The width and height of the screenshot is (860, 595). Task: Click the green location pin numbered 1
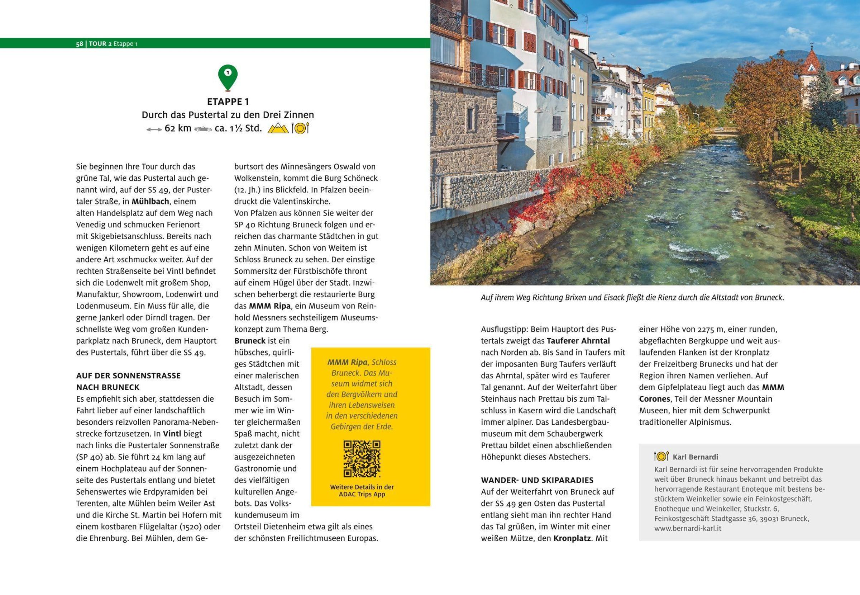coord(228,76)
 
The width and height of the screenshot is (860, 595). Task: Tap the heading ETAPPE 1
coord(228,101)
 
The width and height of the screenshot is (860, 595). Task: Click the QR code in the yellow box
coord(362,459)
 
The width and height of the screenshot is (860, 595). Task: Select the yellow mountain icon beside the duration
coord(278,128)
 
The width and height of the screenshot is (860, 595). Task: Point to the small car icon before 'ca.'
coord(203,129)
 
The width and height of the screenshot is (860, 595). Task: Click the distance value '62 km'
coord(178,128)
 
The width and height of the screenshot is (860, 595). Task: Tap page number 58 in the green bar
coord(79,44)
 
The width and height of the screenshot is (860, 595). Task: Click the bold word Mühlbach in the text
coord(150,201)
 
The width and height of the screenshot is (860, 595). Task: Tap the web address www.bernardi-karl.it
coord(688,528)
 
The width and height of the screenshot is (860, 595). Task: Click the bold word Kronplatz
coord(572,538)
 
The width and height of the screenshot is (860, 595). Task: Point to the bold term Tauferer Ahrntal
coord(578,341)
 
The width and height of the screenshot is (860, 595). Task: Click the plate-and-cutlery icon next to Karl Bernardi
coord(661,456)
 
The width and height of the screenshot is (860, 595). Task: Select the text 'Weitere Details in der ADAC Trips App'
coord(362,491)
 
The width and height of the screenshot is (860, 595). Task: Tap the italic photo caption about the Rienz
coord(632,298)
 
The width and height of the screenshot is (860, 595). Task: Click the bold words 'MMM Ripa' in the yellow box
coord(347,362)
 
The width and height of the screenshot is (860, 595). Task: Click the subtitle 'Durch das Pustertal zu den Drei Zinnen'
coord(228,115)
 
